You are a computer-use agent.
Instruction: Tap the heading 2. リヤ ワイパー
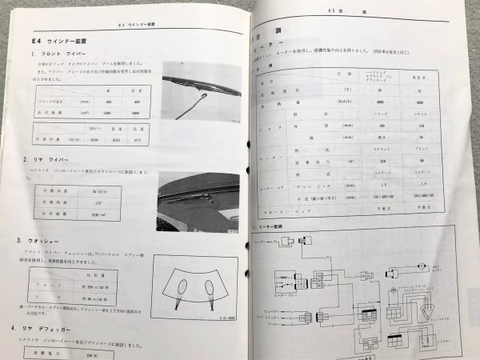(50, 161)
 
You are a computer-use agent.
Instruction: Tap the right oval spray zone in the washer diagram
(209, 286)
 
